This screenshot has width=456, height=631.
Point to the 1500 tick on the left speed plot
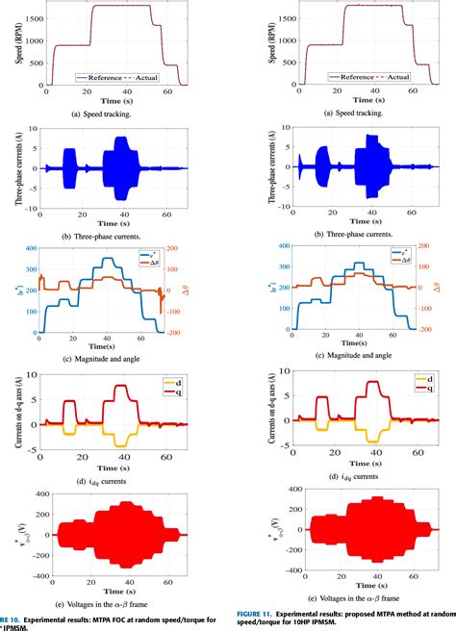coord(32,22)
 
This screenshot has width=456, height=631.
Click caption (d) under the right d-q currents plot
coord(356,476)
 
